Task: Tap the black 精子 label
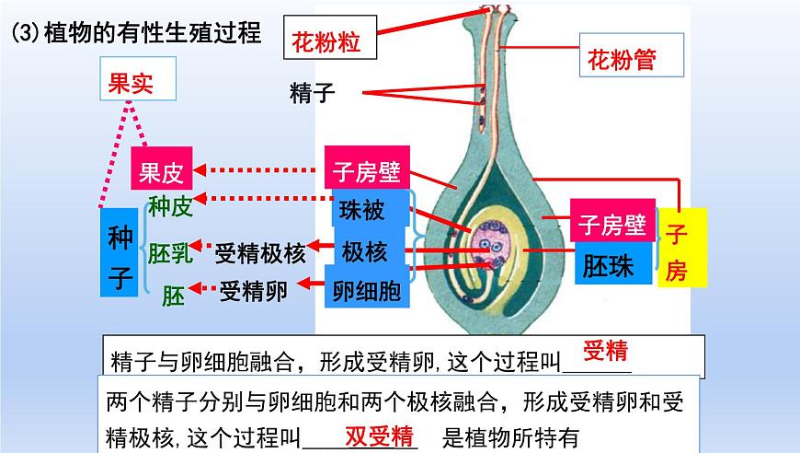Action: click(312, 92)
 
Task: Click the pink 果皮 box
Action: click(163, 170)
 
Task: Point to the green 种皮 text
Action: click(170, 207)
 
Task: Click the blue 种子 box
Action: click(120, 250)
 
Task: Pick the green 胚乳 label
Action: click(171, 251)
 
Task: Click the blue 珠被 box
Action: click(362, 210)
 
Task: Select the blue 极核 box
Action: click(364, 251)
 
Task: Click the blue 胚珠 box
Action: click(608, 267)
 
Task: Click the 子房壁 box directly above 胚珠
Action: click(613, 223)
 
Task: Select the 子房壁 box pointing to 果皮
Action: click(366, 170)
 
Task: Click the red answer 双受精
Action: click(379, 436)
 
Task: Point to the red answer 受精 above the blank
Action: click(605, 350)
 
